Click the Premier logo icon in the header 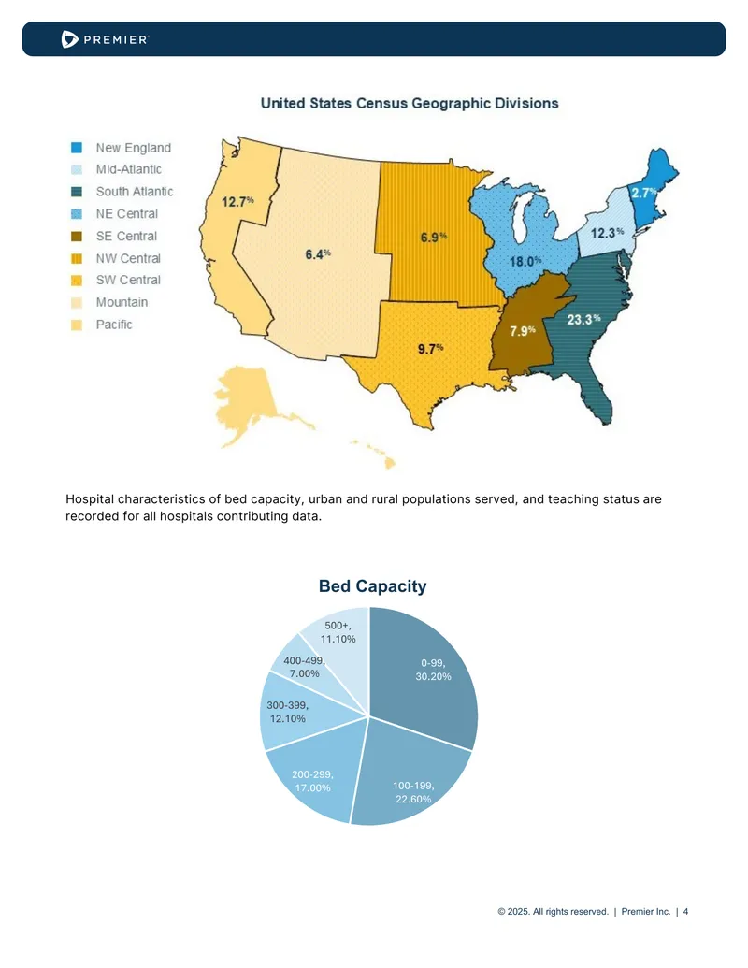pos(70,39)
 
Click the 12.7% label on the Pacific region pos(237,201)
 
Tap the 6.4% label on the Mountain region pos(318,253)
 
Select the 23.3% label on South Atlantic pos(583,319)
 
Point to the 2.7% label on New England pos(643,193)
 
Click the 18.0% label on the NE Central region pos(525,262)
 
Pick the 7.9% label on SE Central pos(522,331)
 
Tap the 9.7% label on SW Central pos(430,349)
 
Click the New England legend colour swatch pos(77,148)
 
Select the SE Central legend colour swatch pos(77,236)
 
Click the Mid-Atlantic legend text pos(128,169)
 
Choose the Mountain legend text pos(122,302)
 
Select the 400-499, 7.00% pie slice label pos(304,667)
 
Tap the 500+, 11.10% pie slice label pos(338,632)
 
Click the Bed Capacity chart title pos(372,585)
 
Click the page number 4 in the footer pos(685,911)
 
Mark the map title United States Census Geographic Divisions pos(410,103)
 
